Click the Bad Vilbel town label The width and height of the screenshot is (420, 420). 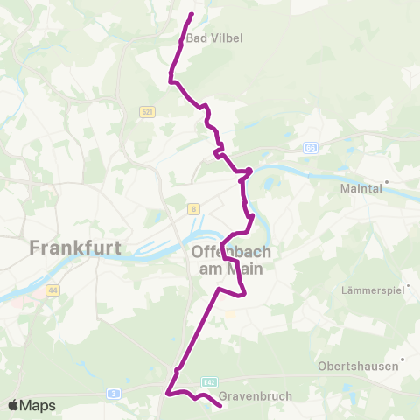click(x=213, y=38)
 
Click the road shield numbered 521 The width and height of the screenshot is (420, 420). click(x=146, y=112)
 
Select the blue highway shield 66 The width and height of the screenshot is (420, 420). click(x=311, y=148)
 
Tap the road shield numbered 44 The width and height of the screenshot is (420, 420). click(x=53, y=290)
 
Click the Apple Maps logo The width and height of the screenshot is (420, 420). click(x=32, y=405)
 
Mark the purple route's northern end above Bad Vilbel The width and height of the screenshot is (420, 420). click(x=192, y=13)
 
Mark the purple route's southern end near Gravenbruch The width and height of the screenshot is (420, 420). click(x=219, y=404)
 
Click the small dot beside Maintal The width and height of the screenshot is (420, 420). click(x=386, y=182)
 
